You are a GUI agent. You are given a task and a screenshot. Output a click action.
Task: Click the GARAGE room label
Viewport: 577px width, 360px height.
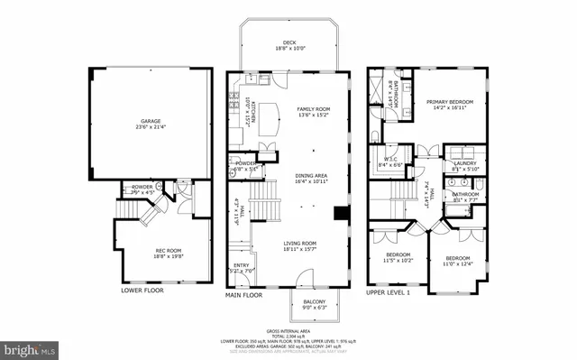[x=150, y=120]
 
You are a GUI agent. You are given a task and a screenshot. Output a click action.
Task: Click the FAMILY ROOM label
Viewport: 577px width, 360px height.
[x=313, y=107]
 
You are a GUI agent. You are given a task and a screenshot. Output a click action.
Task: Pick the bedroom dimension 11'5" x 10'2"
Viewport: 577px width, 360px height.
[x=399, y=260]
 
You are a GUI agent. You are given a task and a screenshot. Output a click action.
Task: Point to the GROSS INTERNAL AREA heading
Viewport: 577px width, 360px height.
[x=288, y=330]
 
